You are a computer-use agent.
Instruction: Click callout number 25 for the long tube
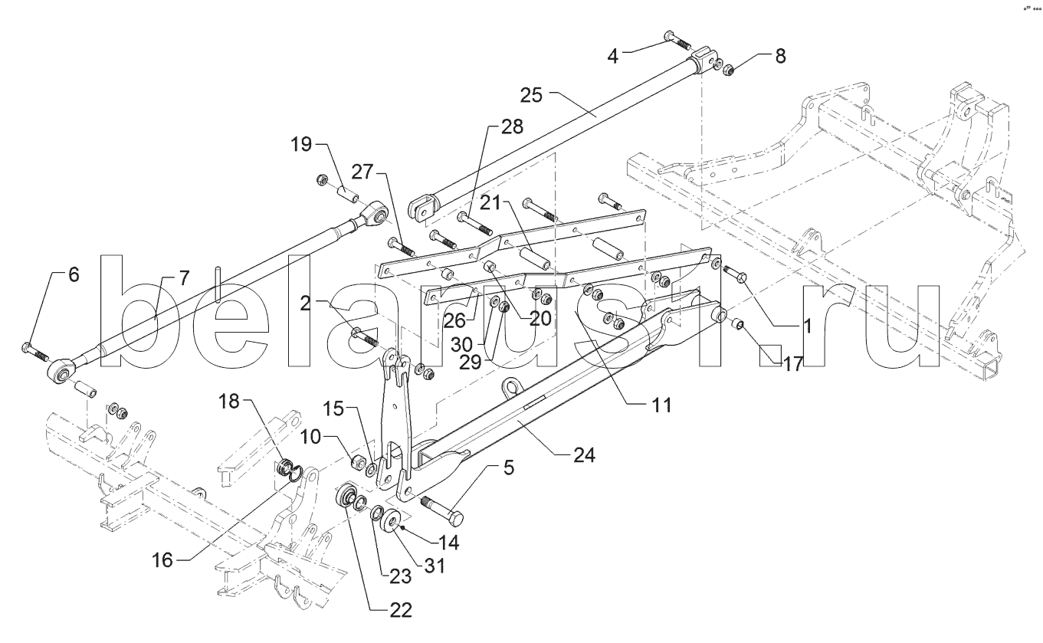(531, 96)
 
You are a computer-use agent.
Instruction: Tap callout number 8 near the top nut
(780, 56)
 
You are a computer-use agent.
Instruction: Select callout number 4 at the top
(613, 57)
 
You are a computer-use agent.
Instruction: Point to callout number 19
(301, 144)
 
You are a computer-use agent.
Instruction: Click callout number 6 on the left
(74, 274)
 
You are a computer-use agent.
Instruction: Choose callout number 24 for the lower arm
(584, 455)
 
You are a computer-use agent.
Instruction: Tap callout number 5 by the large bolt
(509, 467)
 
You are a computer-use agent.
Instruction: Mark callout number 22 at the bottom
(401, 610)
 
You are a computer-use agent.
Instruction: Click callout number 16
(162, 560)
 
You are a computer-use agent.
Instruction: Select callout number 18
(228, 401)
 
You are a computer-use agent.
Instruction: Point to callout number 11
(661, 405)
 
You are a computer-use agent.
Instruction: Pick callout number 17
(793, 364)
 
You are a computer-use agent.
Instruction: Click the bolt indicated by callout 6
(35, 352)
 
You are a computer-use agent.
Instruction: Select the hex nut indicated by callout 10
(358, 462)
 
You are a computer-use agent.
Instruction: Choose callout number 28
(512, 126)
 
